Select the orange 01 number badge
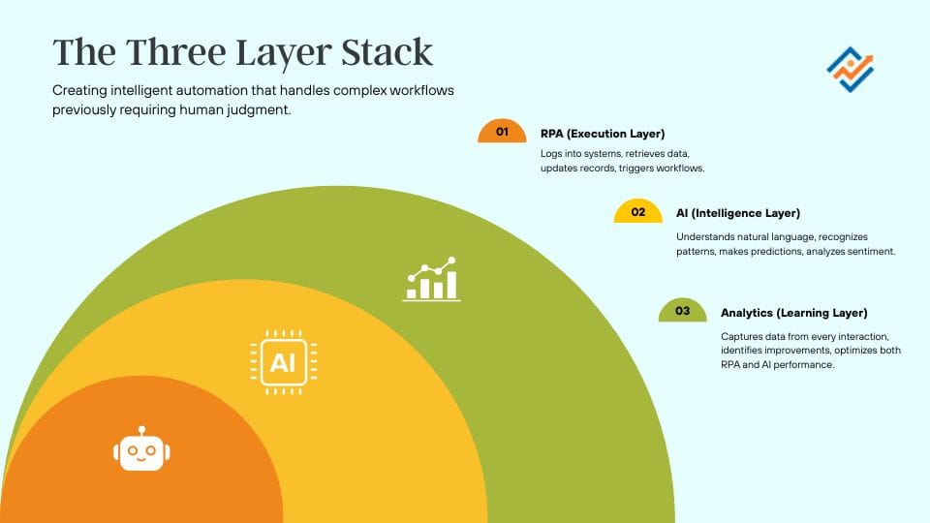click(502, 133)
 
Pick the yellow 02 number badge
click(637, 213)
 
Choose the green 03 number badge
click(682, 312)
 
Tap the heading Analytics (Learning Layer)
click(793, 313)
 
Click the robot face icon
click(141, 451)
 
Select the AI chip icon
click(282, 362)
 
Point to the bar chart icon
click(431, 279)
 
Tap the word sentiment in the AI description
click(868, 252)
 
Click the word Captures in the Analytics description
click(741, 337)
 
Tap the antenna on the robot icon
click(141, 430)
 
